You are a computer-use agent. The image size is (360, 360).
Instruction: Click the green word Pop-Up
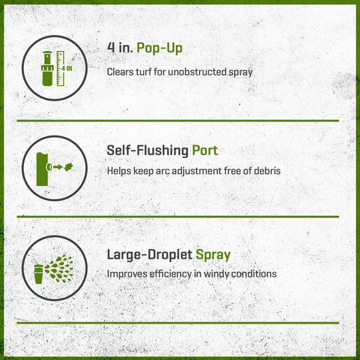159,48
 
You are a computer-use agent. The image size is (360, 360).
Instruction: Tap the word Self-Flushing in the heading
147,150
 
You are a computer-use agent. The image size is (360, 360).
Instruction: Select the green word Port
205,150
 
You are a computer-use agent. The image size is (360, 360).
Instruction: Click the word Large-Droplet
150,254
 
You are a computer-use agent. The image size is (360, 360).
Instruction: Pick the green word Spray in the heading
213,255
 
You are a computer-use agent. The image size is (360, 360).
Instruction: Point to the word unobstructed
197,72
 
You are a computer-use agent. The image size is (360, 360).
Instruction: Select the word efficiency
171,274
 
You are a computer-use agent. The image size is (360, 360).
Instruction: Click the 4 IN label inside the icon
67,69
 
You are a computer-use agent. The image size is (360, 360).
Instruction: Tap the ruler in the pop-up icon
60,69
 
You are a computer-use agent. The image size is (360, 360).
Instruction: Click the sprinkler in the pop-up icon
48,69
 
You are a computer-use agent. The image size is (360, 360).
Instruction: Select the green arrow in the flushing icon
58,167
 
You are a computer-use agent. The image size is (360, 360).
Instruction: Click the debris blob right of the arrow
69,167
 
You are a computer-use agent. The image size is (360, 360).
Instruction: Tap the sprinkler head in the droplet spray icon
38,274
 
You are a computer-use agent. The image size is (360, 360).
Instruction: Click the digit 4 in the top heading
111,48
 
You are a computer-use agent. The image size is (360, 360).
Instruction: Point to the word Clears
120,72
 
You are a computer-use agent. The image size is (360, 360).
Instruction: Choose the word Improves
127,274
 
